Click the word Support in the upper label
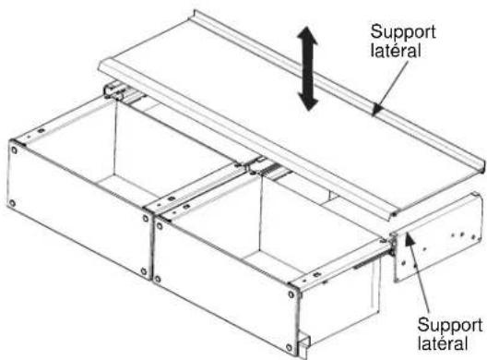403,32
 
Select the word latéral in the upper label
396,51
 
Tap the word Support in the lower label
450,326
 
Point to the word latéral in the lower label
443,343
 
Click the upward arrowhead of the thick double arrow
307,36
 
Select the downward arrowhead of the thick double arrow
308,101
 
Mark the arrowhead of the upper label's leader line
376,110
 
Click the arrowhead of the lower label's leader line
410,242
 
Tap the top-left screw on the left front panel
14,150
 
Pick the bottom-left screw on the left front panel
12,204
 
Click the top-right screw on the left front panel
146,218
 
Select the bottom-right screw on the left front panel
144,271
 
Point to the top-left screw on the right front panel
160,226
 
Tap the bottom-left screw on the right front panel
158,279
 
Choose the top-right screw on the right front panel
291,294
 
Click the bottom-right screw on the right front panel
290,347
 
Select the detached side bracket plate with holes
438,238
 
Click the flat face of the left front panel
79,210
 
